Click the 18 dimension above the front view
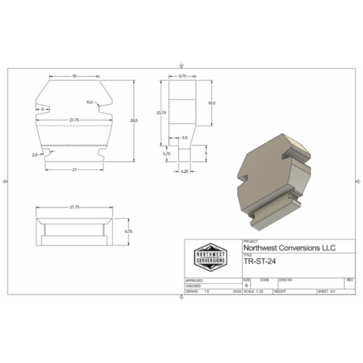(74, 76)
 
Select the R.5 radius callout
(89, 102)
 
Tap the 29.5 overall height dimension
(133, 120)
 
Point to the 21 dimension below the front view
(74, 170)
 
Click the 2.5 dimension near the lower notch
(35, 154)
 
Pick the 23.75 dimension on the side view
(161, 112)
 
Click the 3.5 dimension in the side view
(185, 137)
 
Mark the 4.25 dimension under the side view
(185, 171)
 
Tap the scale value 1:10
(260, 292)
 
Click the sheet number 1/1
(333, 292)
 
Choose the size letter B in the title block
(246, 285)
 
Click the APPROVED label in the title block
(194, 280)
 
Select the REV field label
(349, 280)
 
